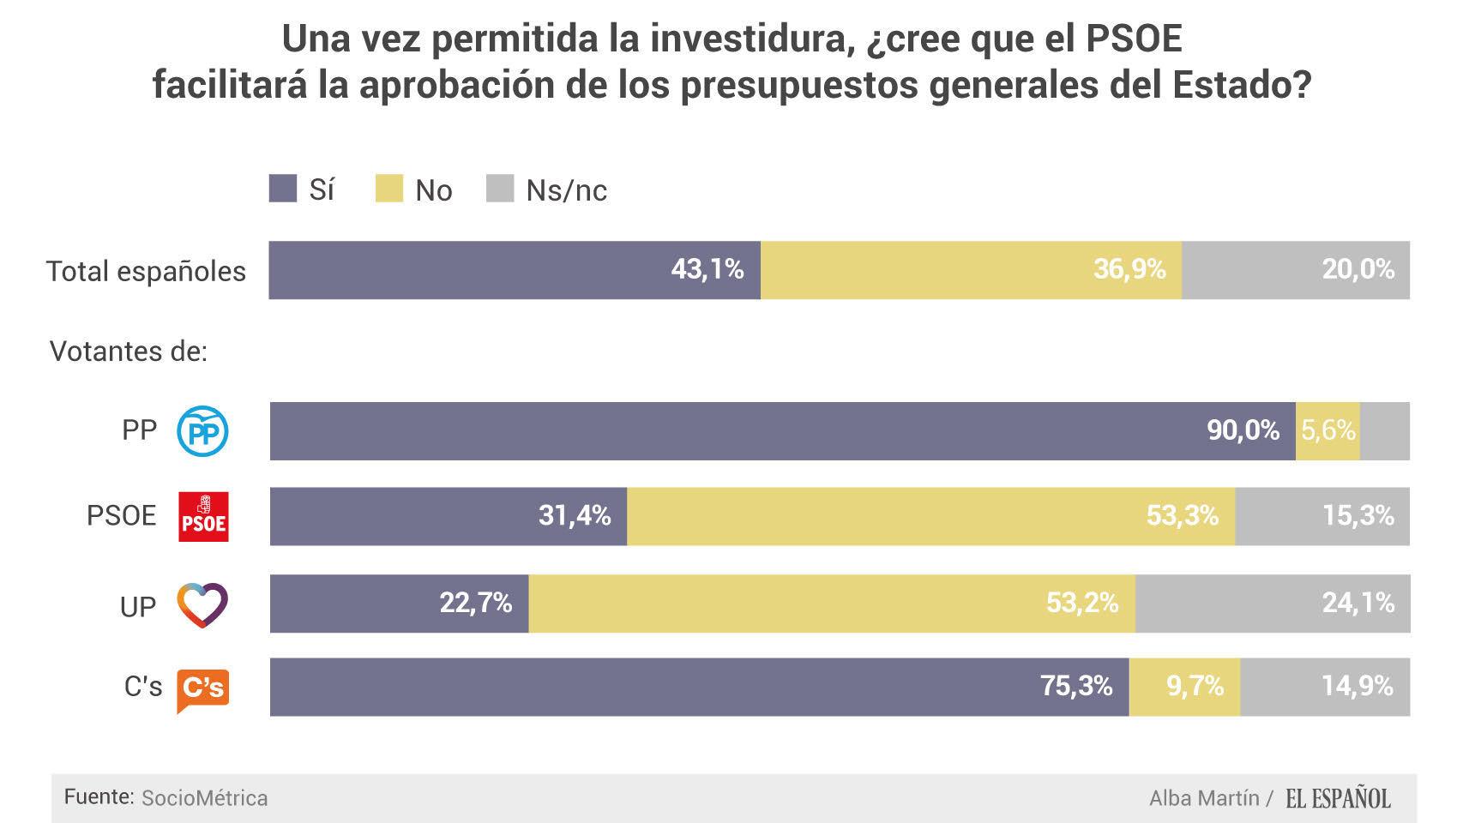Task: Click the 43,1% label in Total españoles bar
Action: pos(707,270)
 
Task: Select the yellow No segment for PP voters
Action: pos(1328,430)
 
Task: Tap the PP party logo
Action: pos(202,431)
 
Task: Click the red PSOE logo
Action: pos(203,516)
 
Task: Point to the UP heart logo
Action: pos(202,604)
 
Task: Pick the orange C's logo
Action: pos(203,688)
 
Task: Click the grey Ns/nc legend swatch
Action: pos(500,189)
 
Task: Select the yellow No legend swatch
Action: pos(389,189)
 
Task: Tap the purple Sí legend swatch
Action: pos(283,189)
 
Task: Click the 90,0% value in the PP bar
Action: pos(1243,430)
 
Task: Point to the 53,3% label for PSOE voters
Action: pos(1182,516)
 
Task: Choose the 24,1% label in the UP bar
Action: pos(1358,604)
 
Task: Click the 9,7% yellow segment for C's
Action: pos(1194,687)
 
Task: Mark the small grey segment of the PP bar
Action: pos(1385,430)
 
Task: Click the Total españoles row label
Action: pos(146,272)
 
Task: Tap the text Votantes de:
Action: pos(129,351)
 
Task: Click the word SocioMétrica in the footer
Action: pos(204,798)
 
